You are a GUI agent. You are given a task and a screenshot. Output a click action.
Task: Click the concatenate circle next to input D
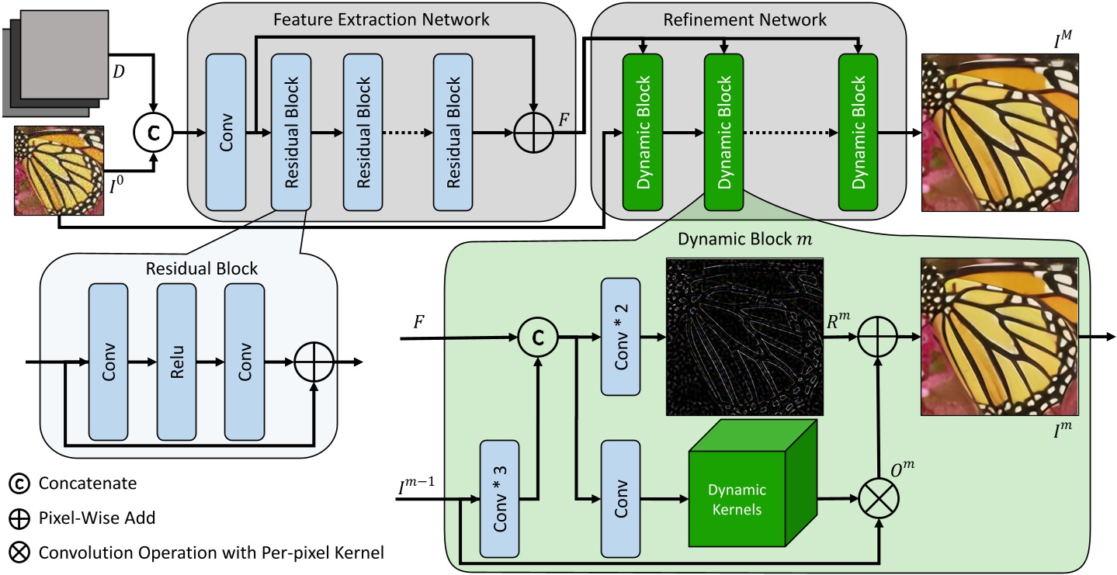coord(155,133)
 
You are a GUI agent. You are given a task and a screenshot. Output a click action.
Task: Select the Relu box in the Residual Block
coord(176,362)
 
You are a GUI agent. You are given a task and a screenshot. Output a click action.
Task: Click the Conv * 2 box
coord(619,338)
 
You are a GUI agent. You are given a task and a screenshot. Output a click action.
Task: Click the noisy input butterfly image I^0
coord(58,172)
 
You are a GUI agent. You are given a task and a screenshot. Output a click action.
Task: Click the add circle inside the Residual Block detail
coord(314,362)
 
